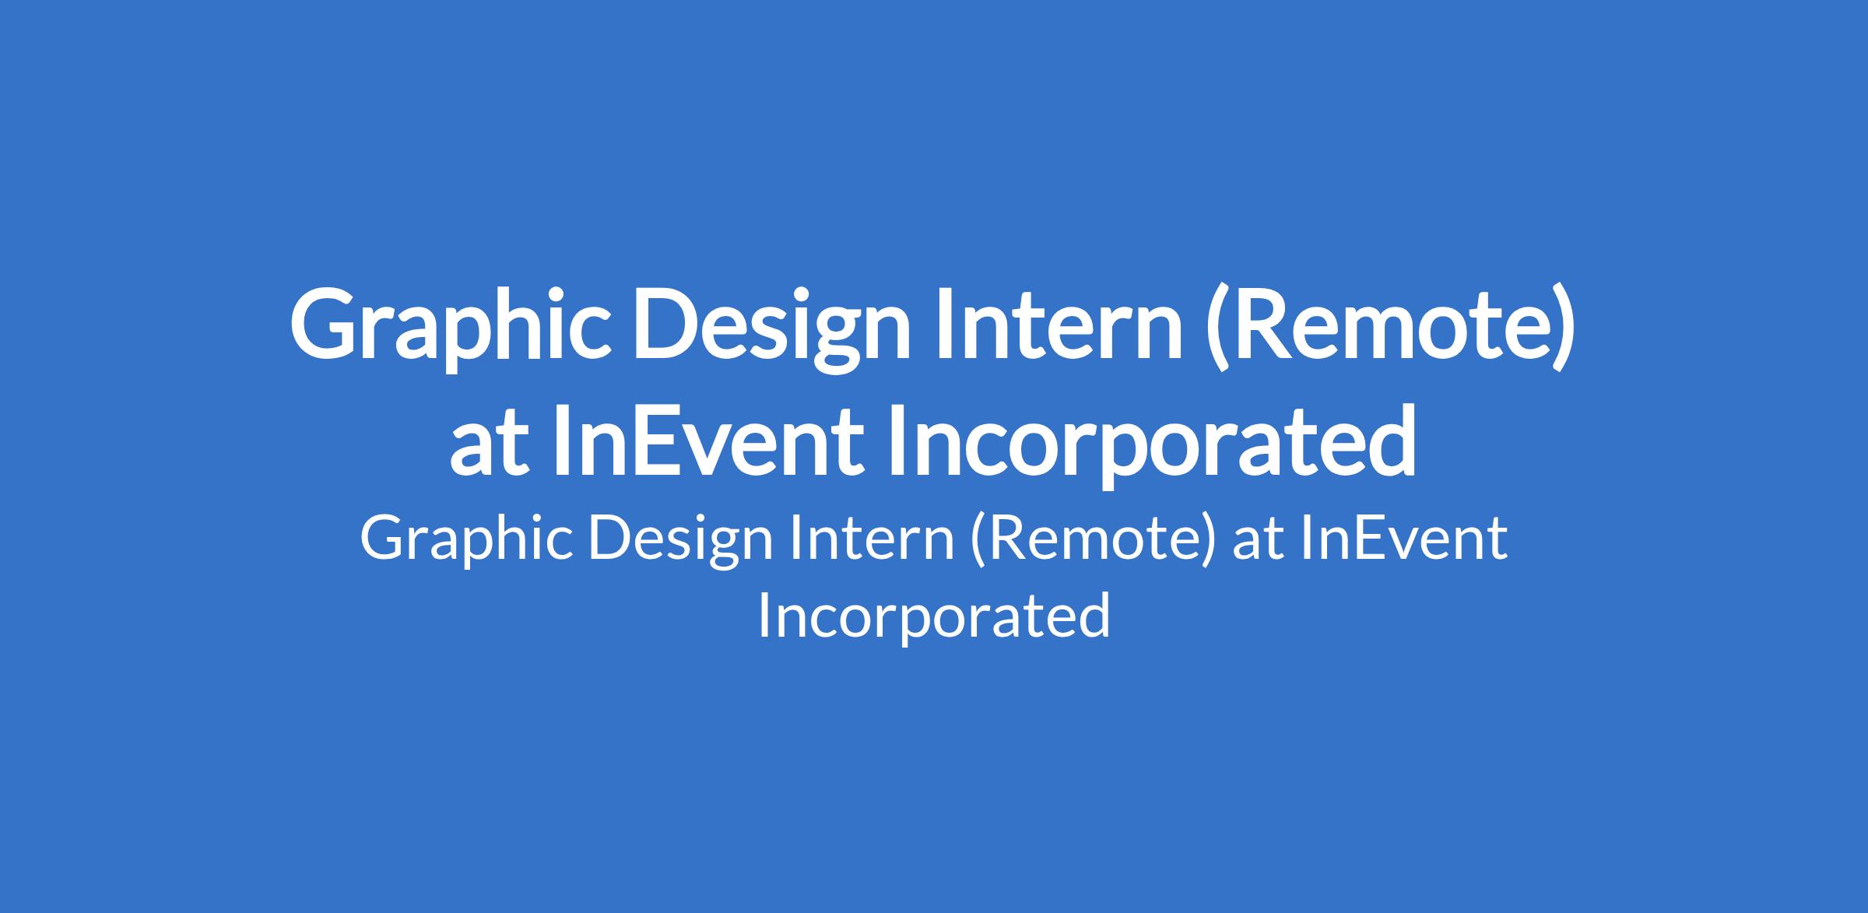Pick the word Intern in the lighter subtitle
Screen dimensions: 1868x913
pos(873,539)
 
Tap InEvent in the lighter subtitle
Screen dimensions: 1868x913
pos(1403,539)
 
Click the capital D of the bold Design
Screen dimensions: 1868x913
pos(669,325)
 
